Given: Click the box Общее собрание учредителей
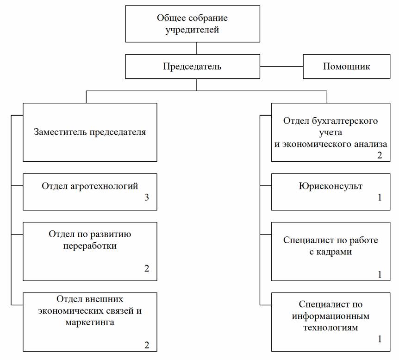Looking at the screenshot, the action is coord(193,24).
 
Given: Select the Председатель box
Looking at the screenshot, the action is coord(193,67).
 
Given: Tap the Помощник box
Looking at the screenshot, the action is coord(346,67).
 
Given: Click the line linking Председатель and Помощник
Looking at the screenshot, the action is coord(281,67).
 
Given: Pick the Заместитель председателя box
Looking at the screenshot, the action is coord(90,132).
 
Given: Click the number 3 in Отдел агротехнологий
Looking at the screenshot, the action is coord(147,197).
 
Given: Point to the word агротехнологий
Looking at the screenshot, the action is coord(104,186).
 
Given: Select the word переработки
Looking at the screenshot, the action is coord(90,246).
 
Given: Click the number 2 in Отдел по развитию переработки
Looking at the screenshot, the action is coord(147,269).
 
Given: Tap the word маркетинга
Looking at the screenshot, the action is coord(90,322).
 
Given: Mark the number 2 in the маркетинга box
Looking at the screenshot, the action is coord(147,345).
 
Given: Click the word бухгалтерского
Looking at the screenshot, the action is coord(345,121).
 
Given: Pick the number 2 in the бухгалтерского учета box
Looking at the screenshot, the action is coord(380,155).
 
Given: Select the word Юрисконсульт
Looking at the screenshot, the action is coord(330,186).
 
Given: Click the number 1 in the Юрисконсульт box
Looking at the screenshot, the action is coord(380,197).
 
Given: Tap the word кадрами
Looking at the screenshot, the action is coord(334,252).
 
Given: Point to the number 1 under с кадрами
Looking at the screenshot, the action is coord(380,275).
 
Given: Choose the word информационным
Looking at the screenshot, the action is coord(330,316).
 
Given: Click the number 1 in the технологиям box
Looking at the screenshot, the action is coord(380,339).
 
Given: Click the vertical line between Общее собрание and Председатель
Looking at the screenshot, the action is coord(197,48).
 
